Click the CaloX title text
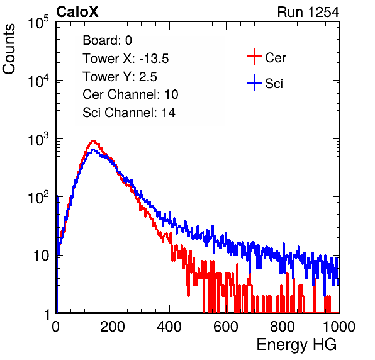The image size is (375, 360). [77, 12]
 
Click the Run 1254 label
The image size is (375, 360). [308, 12]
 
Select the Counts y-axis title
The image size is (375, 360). [9, 49]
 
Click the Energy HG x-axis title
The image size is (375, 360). [296, 345]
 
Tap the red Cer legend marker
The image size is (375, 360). [254, 57]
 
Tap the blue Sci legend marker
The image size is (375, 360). [254, 83]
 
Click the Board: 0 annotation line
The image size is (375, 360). [107, 40]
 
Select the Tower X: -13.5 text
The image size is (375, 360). [126, 59]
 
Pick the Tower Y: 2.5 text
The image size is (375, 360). [120, 77]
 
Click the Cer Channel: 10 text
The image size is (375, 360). [130, 94]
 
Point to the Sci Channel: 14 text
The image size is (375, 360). [129, 113]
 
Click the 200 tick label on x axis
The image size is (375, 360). [113, 327]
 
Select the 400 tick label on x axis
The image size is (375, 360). [169, 327]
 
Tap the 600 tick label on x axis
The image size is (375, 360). [226, 327]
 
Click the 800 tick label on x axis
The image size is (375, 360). [283, 327]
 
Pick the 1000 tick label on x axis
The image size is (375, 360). [339, 327]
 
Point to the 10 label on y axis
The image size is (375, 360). [41, 256]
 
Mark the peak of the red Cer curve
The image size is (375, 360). [93, 140]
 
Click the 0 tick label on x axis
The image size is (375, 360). [56, 327]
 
